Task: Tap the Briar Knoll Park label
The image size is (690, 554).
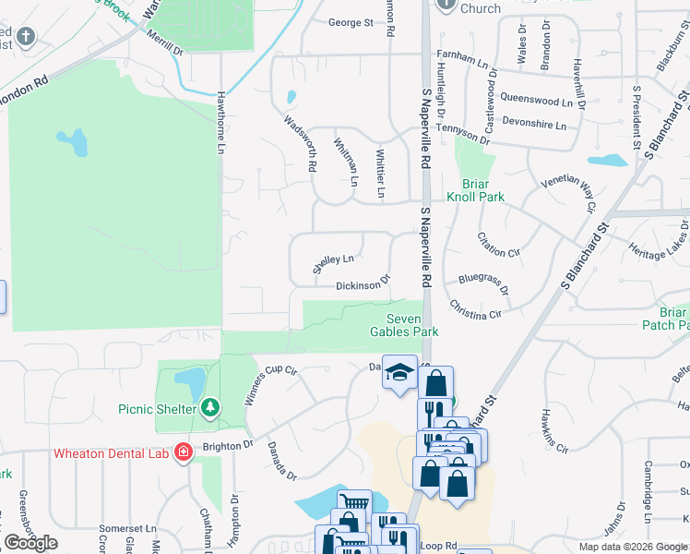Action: point(475,189)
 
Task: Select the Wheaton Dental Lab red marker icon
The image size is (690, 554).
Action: point(184,452)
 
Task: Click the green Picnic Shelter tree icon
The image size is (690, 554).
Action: point(211,407)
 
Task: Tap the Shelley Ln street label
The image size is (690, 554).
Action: point(333,264)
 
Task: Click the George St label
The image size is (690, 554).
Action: point(351,22)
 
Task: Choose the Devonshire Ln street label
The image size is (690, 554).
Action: point(534,121)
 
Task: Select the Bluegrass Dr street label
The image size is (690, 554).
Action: point(484,282)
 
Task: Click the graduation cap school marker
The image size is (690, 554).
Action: point(399,373)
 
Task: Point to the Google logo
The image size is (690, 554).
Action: point(31,543)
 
